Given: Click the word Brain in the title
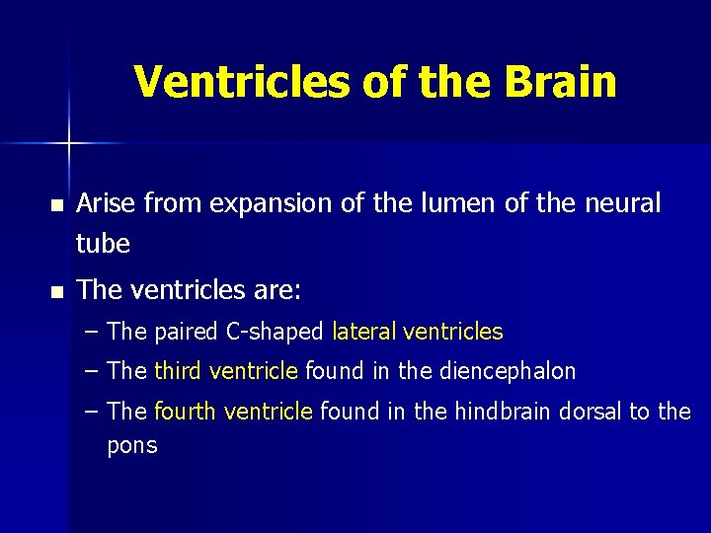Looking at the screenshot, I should pos(560,82).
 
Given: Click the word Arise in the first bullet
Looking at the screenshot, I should pos(107,203).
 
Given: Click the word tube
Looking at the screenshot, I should pos(103,244).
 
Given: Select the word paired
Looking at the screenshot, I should pos(188,333).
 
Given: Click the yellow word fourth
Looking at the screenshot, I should pos(185,411).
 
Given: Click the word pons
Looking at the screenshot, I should pos(132,446).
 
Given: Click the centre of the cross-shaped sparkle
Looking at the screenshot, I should pos(69,144).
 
